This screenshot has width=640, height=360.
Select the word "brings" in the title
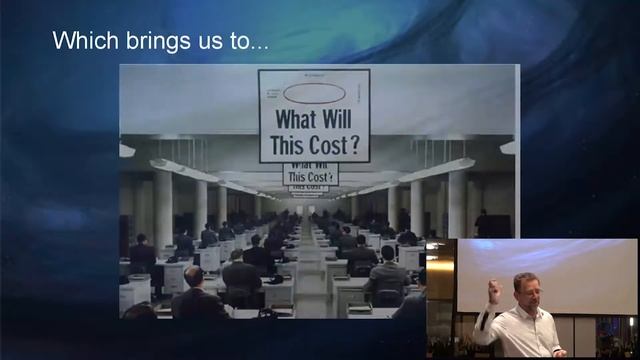tap(142, 42)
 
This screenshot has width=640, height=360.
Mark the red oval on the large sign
tap(314, 93)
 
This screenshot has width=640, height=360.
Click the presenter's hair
tap(526, 278)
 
